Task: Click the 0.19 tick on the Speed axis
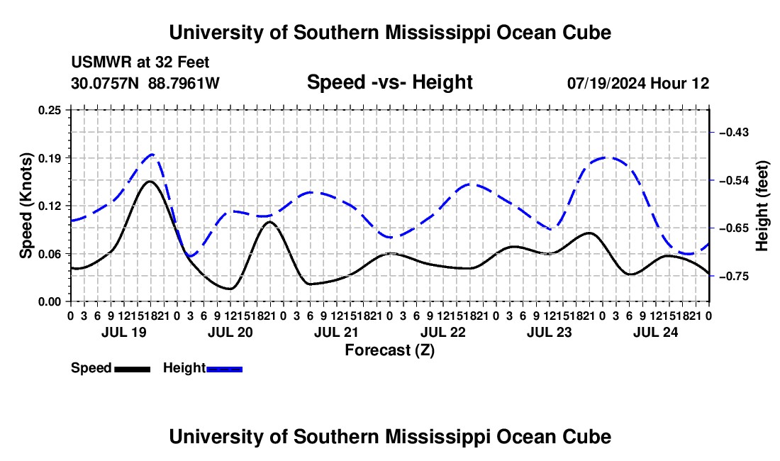point(50,158)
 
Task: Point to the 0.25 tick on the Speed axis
point(50,110)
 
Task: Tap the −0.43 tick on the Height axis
point(734,133)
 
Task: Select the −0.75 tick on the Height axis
point(734,276)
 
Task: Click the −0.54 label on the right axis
point(734,180)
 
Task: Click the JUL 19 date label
point(124,332)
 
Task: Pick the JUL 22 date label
point(442,332)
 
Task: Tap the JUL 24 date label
point(656,332)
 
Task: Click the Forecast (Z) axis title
point(390,350)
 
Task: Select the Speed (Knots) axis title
point(26,206)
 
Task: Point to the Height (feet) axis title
point(762,206)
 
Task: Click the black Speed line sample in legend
point(133,370)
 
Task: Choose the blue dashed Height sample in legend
point(224,370)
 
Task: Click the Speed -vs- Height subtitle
point(390,82)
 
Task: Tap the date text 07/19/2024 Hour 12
point(638,83)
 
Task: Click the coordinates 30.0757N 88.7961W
point(145,83)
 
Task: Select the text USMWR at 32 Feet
point(140,62)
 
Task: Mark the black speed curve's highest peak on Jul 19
point(150,181)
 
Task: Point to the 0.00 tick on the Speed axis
point(50,302)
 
